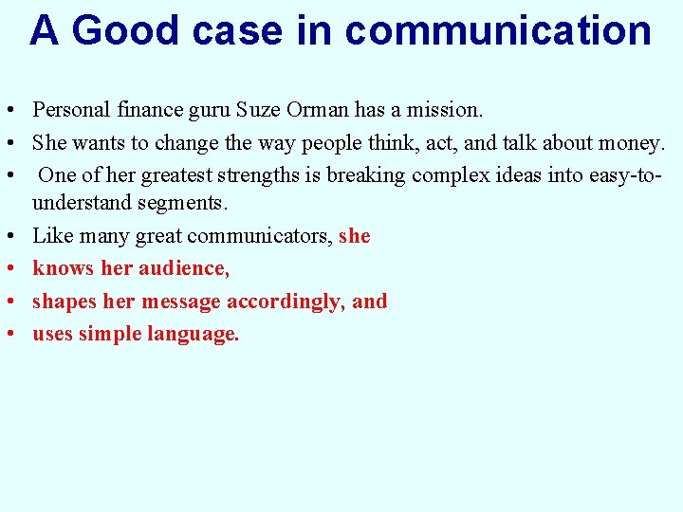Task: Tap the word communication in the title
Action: click(x=498, y=30)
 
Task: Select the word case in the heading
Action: click(x=238, y=30)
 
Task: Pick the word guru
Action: click(x=210, y=111)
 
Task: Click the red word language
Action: click(x=194, y=334)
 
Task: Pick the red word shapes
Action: click(x=60, y=302)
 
